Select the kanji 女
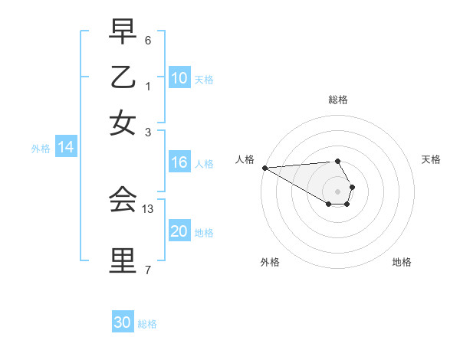pos(123,123)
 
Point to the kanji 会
pos(123,201)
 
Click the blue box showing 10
pos(179,78)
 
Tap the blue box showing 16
pos(179,162)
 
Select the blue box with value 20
pos(179,231)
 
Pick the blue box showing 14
pos(65,148)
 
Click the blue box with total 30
pos(123,322)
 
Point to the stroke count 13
pos(149,208)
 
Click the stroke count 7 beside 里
pos(148,270)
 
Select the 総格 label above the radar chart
pos(337,100)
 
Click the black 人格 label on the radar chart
pos(245,159)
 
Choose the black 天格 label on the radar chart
pos(431,159)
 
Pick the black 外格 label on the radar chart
pos(270,262)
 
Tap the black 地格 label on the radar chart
pos(402,262)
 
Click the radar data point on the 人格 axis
pos(264,168)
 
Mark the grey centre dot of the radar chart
pos(337,191)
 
